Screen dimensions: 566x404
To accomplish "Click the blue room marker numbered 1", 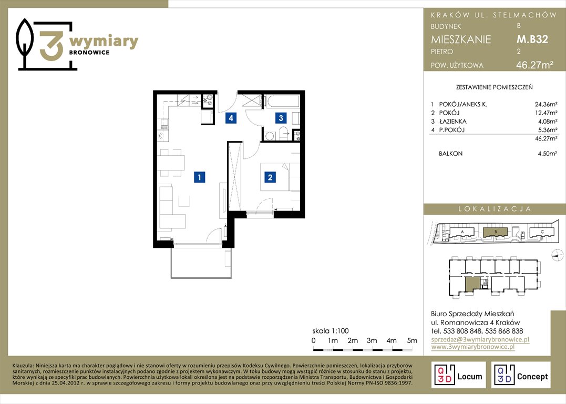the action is (199, 177).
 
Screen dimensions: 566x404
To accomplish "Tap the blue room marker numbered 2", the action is (270, 177).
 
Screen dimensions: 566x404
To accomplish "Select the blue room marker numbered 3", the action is (281, 118).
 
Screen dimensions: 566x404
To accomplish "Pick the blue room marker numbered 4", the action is (231, 118).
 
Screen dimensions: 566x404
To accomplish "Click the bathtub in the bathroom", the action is (281, 101).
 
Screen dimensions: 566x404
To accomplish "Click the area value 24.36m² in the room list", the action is (546, 105).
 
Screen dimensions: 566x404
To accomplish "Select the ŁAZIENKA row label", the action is (452, 122).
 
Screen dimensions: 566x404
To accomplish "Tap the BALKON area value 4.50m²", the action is (547, 154).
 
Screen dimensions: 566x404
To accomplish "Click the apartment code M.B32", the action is (532, 39).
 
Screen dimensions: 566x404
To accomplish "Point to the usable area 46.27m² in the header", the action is (535, 65).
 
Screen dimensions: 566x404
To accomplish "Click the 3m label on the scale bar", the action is (372, 340).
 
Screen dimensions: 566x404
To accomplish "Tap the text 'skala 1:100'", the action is (331, 331).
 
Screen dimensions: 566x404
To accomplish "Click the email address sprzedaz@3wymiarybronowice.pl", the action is (480, 339).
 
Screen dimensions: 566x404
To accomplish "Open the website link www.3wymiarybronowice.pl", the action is (473, 347).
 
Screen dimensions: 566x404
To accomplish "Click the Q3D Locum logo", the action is (458, 375).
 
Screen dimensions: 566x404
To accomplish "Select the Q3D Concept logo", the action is (521, 375).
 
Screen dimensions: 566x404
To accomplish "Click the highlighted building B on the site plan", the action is (496, 231).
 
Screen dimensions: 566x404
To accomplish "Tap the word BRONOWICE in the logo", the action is (89, 53).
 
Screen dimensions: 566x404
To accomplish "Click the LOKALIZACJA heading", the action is (495, 209).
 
